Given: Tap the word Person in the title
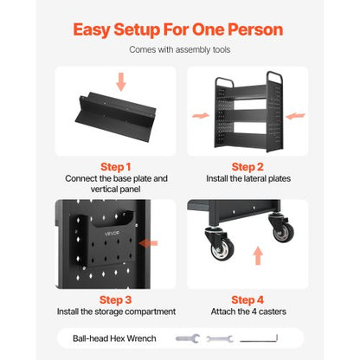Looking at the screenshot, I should [x=250, y=29].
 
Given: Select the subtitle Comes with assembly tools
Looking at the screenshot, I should [x=179, y=50].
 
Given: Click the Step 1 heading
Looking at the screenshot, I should [x=116, y=166].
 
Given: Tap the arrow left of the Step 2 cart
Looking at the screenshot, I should [x=198, y=113].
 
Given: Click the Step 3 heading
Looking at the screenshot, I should [x=116, y=299].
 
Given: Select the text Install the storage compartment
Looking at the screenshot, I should [x=116, y=312].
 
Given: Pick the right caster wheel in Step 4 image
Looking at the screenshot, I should [x=282, y=229].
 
